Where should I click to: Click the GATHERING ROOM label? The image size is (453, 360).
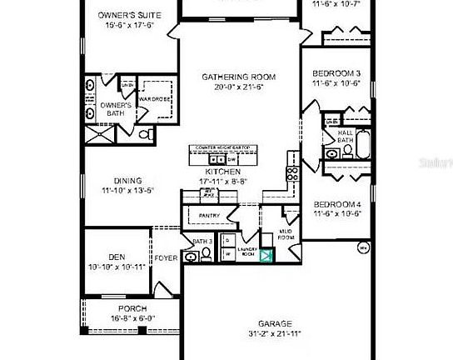tap(238, 77)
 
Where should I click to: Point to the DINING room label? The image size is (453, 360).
tap(122, 181)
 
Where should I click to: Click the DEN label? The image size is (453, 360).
tap(116, 257)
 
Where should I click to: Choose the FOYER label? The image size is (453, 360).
tap(167, 258)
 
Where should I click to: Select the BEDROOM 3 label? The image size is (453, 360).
tap(338, 73)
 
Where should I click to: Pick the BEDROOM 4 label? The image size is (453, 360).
tap(337, 205)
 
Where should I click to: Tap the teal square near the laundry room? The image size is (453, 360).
tap(266, 257)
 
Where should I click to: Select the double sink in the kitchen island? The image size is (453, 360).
tap(216, 158)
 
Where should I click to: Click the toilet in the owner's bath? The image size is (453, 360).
tap(143, 133)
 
